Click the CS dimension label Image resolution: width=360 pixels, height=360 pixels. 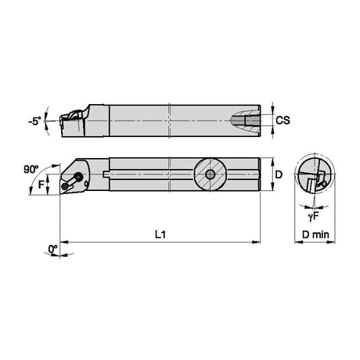click(x=283, y=121)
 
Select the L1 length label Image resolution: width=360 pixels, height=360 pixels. click(x=160, y=235)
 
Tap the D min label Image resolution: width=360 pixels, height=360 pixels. click(x=315, y=235)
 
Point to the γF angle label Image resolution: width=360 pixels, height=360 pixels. click(x=313, y=217)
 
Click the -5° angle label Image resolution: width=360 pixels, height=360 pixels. click(x=35, y=121)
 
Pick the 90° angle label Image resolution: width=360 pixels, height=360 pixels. click(x=31, y=170)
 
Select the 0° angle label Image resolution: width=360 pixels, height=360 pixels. click(x=52, y=249)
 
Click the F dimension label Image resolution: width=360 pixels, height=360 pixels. click(x=41, y=185)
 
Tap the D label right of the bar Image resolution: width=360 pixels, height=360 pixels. click(x=279, y=175)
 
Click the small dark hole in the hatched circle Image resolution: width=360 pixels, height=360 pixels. click(x=210, y=175)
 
